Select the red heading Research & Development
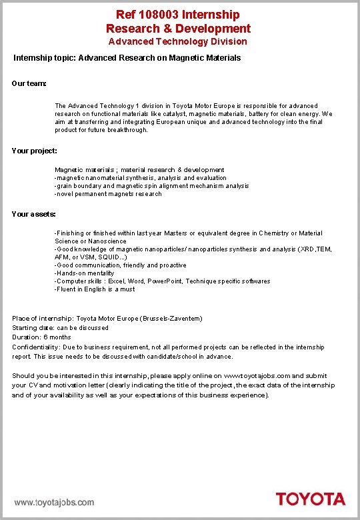click(x=178, y=28)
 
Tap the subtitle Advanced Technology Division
click(x=178, y=41)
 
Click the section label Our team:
click(x=29, y=83)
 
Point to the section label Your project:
click(x=35, y=151)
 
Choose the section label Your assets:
click(x=34, y=214)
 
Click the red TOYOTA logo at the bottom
click(x=311, y=499)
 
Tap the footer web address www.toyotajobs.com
click(x=55, y=502)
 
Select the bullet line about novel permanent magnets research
click(x=108, y=194)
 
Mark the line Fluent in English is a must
click(x=95, y=289)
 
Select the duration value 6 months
click(x=57, y=337)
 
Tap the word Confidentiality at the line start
click(x=35, y=347)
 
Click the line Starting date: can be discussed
click(x=60, y=328)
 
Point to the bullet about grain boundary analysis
click(x=151, y=186)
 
